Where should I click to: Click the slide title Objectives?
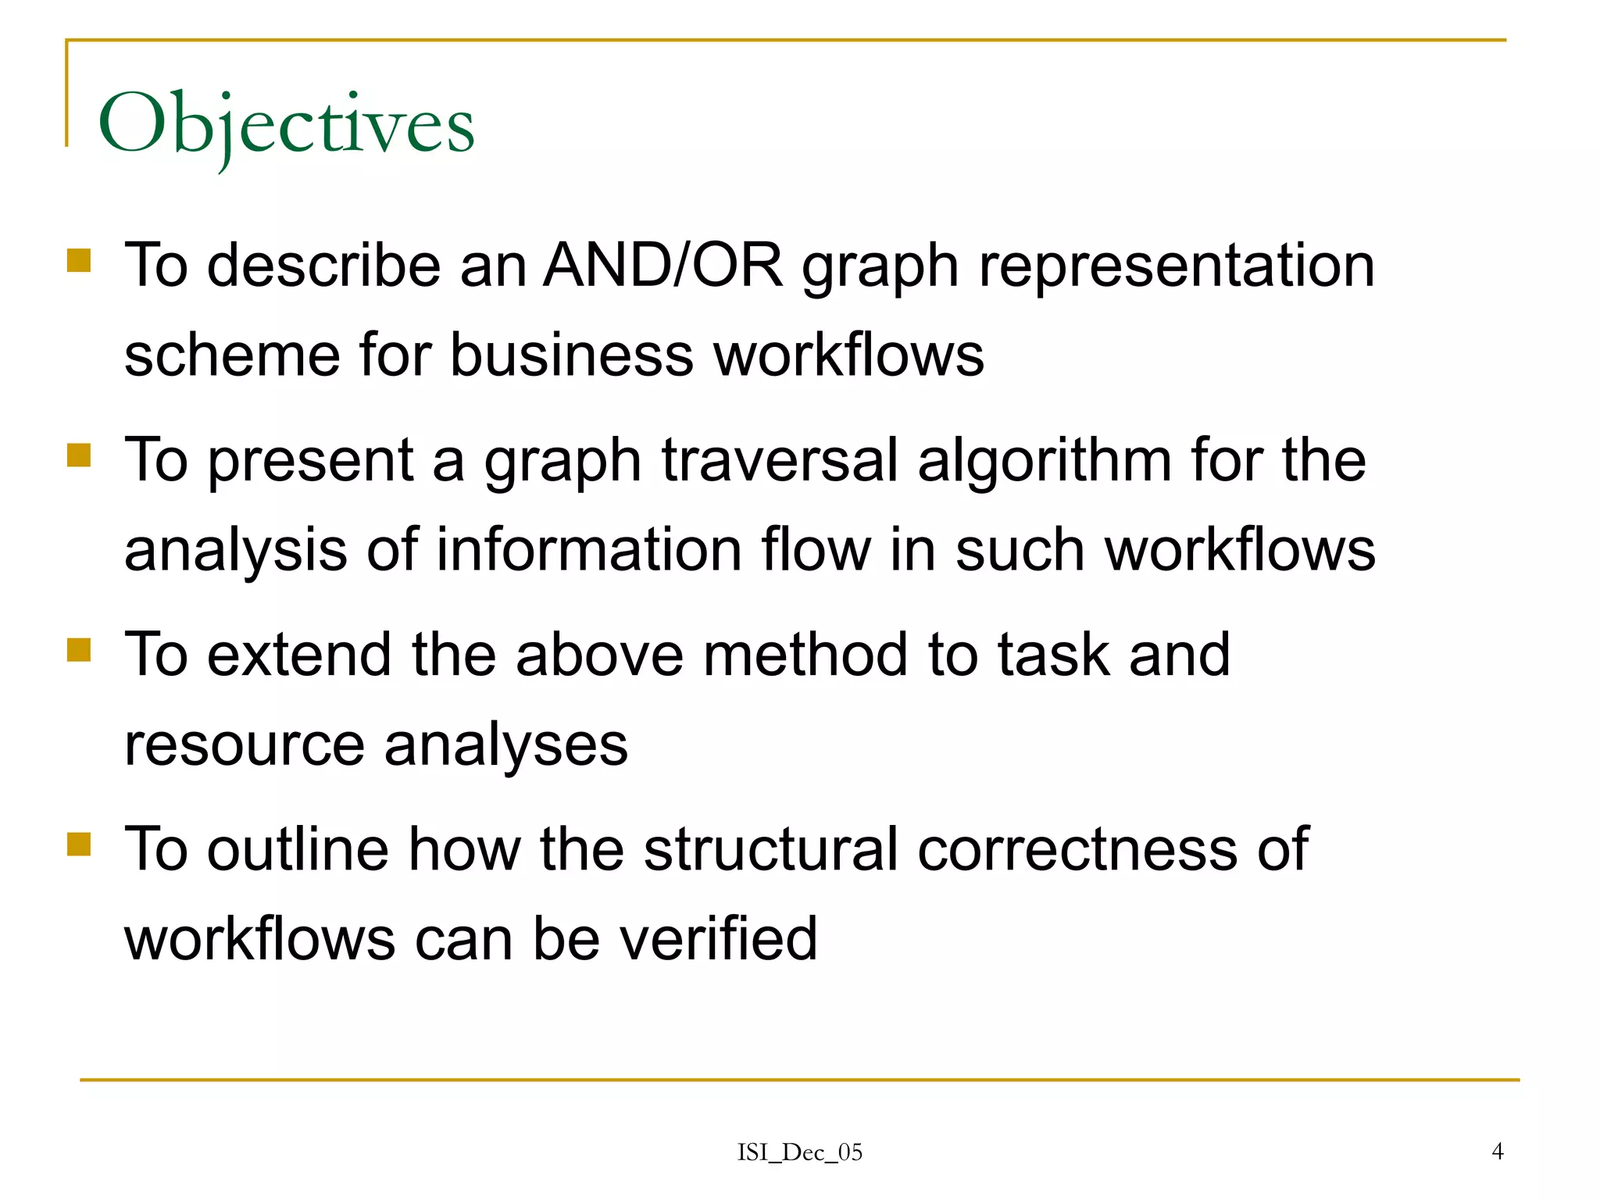(286, 125)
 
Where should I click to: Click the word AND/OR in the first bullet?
(662, 266)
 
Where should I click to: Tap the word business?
(571, 355)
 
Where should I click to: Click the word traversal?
(780, 460)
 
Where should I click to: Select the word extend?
(299, 655)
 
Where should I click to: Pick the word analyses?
(506, 746)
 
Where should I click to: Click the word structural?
(770, 849)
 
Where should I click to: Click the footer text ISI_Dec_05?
(800, 1152)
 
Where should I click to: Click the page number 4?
(1497, 1151)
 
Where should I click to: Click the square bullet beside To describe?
(79, 260)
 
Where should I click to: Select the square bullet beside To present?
(79, 455)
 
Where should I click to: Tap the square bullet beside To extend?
(79, 649)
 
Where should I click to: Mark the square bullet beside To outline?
(79, 844)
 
